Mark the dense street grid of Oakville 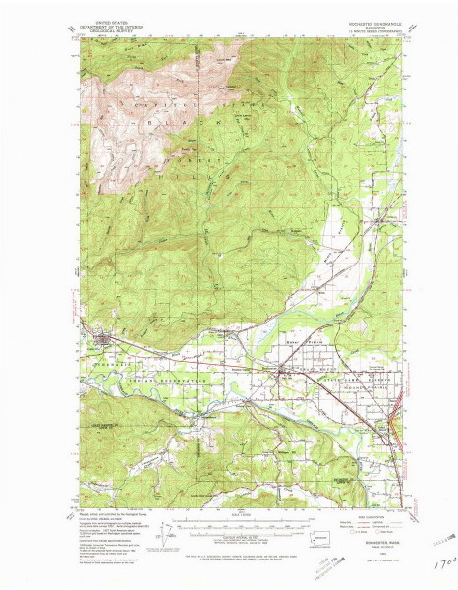click(x=106, y=341)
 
